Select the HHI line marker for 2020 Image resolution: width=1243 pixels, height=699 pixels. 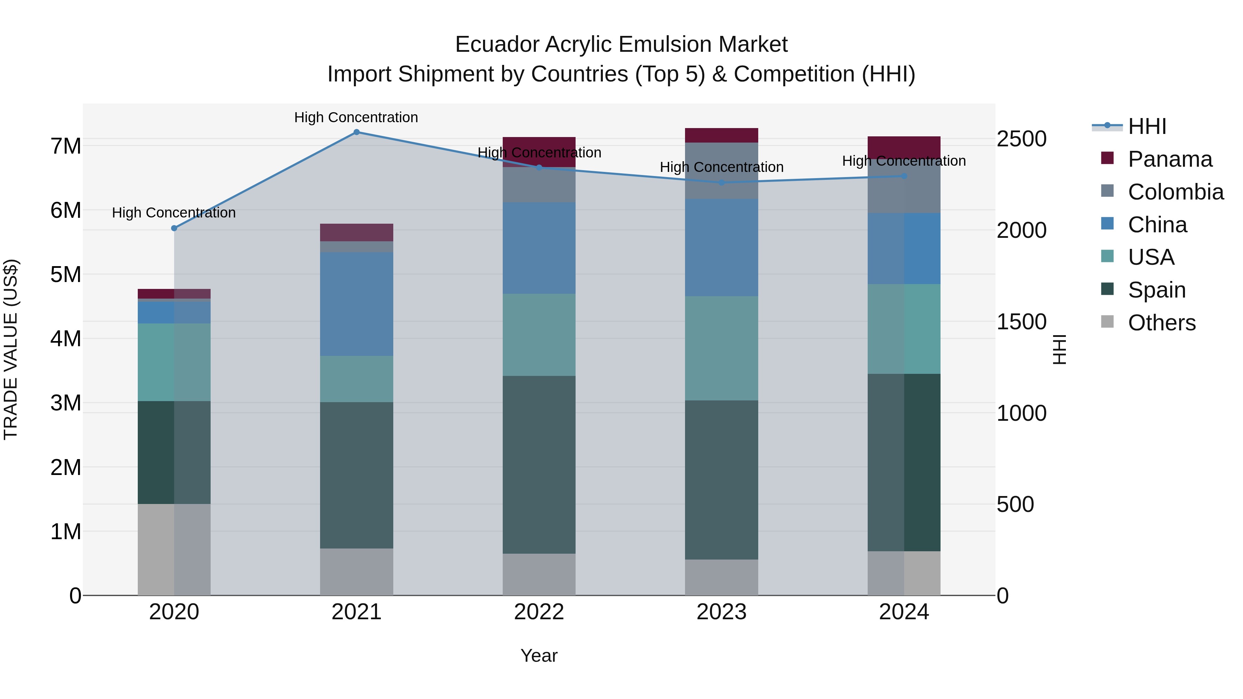click(174, 228)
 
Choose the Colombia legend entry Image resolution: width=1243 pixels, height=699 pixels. click(1175, 192)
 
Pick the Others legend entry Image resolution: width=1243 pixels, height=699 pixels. click(1162, 323)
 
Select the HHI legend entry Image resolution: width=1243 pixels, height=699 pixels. click(1147, 126)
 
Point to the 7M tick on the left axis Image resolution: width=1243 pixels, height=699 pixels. click(66, 146)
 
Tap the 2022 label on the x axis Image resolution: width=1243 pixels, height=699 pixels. click(539, 612)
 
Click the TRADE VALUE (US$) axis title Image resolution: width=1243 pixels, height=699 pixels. click(11, 349)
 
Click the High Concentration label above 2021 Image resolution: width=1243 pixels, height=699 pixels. click(356, 118)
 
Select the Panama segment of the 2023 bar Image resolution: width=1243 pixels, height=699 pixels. click(721, 136)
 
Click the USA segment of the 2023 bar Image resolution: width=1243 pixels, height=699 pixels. click(721, 348)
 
